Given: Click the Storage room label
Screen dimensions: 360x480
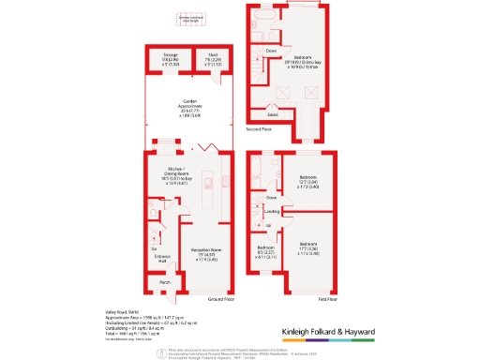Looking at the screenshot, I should pos(170,56).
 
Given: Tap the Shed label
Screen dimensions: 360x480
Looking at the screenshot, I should pos(214,56).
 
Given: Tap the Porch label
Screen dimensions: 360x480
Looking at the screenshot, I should pos(165,281).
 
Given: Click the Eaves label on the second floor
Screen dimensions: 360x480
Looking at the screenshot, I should pos(272,114).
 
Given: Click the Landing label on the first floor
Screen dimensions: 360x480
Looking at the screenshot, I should pos(272,212).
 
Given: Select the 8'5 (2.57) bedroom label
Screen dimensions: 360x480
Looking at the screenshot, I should pos(266,250).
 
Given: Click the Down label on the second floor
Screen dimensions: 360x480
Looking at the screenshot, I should pos(271,50).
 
